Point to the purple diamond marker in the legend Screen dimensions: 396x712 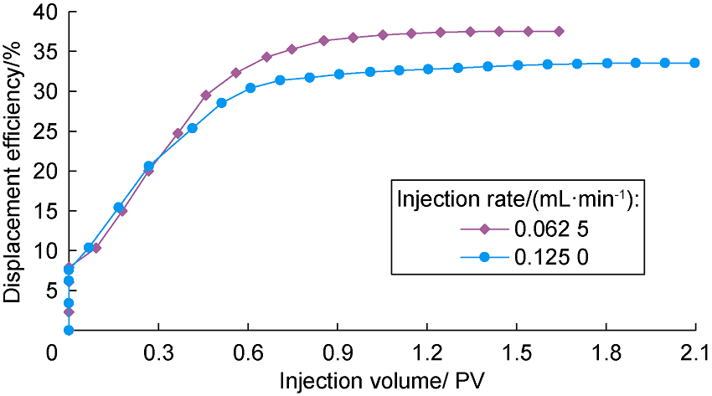[485, 227]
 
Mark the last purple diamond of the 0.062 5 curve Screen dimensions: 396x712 [559, 31]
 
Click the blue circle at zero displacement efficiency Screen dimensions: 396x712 [69, 330]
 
